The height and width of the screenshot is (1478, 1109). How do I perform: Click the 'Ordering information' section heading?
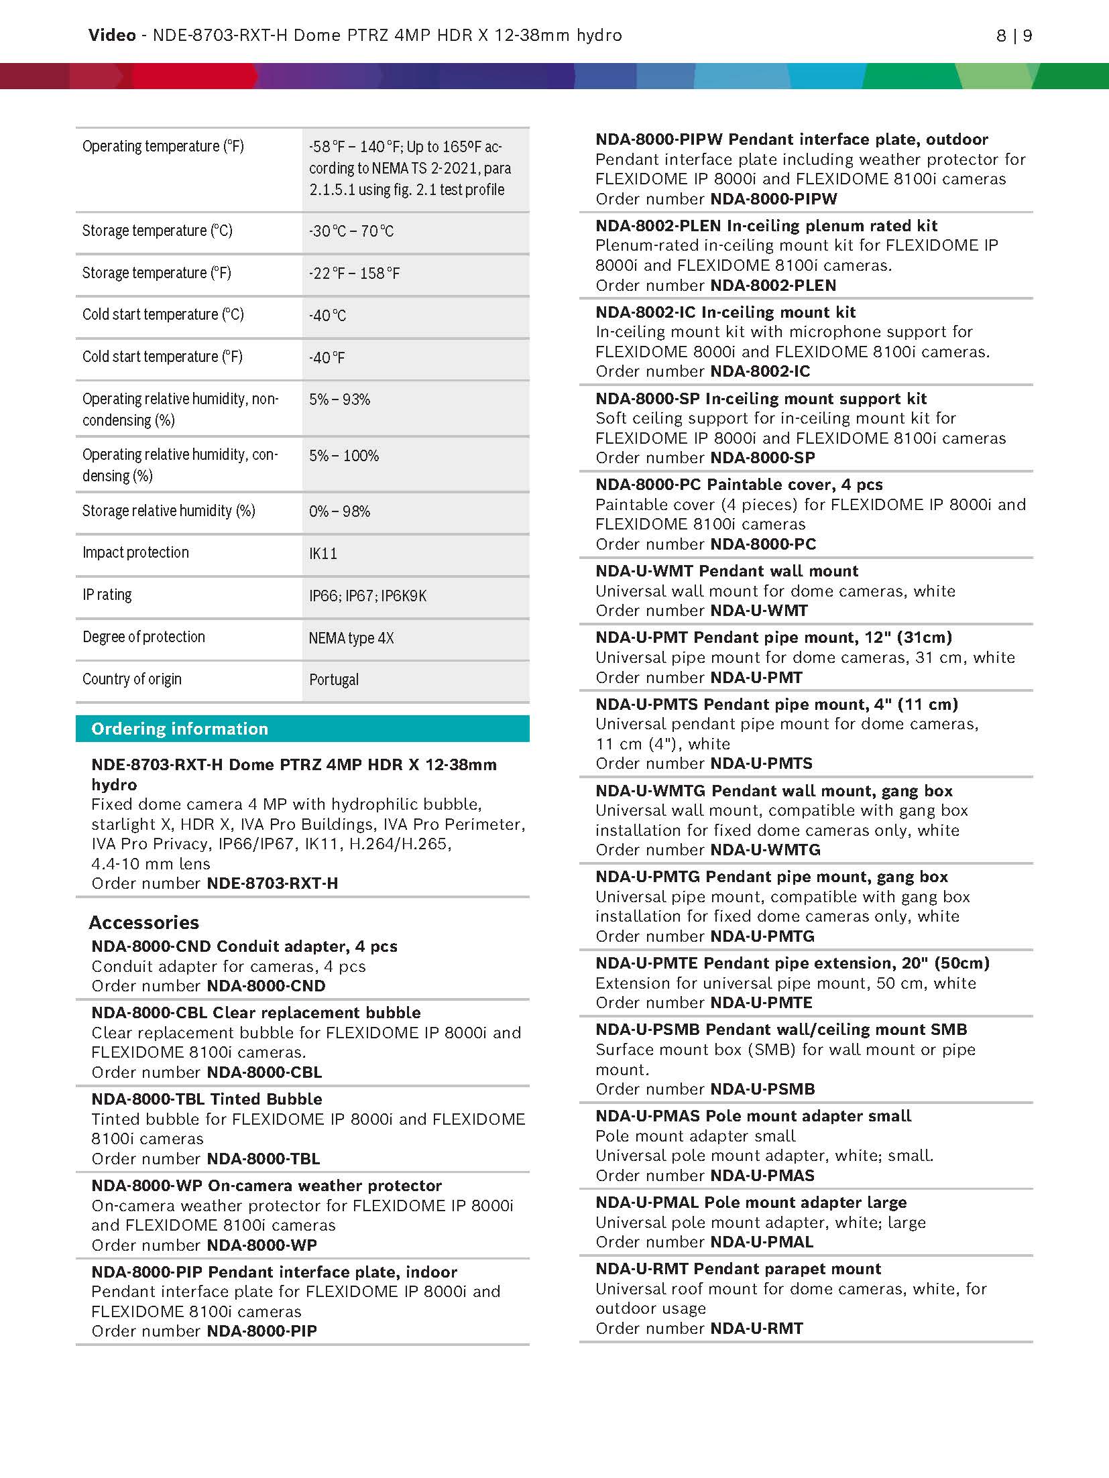(180, 729)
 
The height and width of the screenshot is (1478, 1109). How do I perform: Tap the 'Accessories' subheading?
(144, 922)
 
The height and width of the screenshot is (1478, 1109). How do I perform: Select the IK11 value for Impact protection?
(323, 554)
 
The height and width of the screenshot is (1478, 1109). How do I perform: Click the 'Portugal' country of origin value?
(334, 680)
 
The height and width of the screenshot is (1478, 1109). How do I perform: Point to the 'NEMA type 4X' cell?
(351, 637)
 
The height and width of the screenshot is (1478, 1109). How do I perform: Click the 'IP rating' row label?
(107, 595)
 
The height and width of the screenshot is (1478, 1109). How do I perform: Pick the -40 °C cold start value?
(328, 316)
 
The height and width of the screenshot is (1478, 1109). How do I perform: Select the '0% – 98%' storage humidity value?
(340, 511)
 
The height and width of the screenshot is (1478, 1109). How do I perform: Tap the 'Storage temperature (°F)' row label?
(157, 273)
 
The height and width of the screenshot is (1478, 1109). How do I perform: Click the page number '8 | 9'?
(1014, 36)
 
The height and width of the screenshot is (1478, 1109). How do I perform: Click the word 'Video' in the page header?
(112, 35)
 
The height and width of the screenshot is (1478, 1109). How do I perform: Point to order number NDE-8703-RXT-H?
(272, 883)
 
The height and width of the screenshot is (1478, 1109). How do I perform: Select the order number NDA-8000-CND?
(266, 986)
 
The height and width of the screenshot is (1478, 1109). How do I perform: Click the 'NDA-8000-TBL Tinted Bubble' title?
(207, 1099)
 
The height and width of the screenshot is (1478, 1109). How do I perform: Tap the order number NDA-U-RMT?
(756, 1329)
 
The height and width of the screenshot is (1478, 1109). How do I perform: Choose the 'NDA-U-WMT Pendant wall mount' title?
(727, 571)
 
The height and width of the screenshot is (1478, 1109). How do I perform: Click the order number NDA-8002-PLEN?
(773, 286)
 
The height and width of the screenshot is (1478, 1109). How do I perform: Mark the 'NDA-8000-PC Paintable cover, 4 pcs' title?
(739, 485)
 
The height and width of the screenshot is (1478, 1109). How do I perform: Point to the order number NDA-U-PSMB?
(762, 1089)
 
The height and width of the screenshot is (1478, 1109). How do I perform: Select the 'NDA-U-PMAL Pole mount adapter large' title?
(751, 1203)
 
